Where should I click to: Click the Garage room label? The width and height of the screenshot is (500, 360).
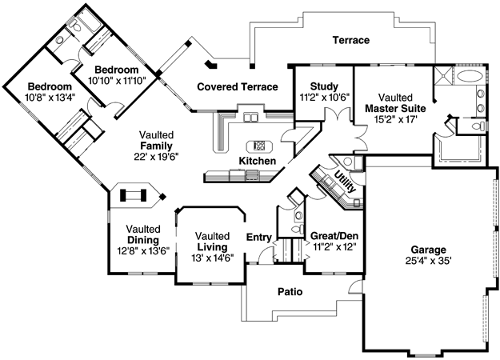point(428,250)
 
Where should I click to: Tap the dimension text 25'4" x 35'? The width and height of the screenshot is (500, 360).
point(428,261)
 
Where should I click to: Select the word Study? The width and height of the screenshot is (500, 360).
point(324,86)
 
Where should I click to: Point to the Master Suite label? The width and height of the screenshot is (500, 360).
point(395,109)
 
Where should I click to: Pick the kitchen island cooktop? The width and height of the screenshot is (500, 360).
point(259,146)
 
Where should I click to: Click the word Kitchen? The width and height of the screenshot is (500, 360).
point(258,161)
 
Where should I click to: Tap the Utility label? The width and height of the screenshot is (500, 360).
point(345,182)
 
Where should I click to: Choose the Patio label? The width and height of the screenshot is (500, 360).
point(290,291)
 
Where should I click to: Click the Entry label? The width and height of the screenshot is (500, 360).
point(259,238)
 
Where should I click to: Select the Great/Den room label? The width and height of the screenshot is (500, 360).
point(334,236)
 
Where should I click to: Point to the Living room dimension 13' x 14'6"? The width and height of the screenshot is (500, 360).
point(213,258)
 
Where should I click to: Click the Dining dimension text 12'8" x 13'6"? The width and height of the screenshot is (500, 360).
point(143,250)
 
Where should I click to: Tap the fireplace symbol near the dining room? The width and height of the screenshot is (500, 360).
point(133,195)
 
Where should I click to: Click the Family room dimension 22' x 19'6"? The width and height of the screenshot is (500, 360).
point(157,157)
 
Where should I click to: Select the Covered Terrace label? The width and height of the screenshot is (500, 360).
point(238,86)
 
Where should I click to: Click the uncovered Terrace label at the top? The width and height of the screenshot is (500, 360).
point(350,40)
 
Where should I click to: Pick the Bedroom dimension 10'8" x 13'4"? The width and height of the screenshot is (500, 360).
point(50,98)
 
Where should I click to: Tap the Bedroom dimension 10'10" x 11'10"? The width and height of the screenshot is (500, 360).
point(117,80)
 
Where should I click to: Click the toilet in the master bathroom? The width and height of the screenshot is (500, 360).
point(479,126)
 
